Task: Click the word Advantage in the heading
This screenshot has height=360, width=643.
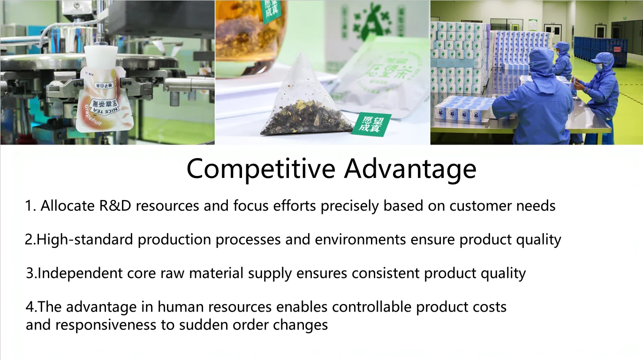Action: [410, 169]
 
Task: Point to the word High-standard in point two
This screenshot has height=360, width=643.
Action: [85, 240]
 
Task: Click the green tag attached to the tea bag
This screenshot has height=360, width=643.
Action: [371, 124]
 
